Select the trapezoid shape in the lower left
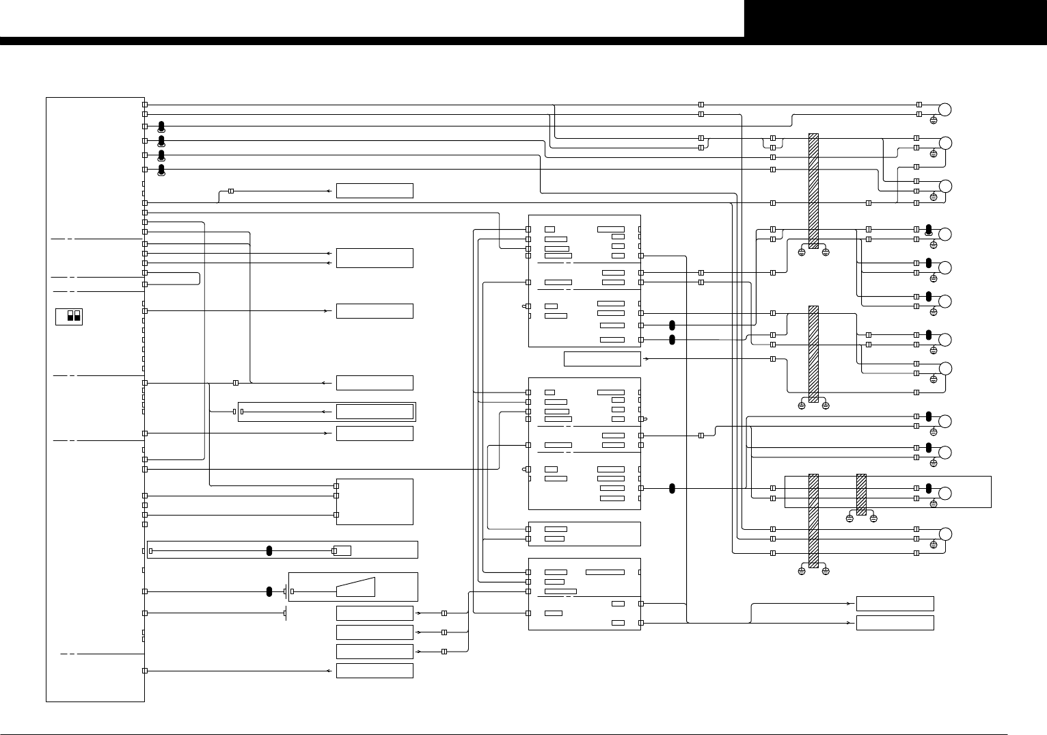point(355,587)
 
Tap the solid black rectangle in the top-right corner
point(895,18)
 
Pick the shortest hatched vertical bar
point(861,494)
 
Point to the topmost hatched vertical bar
point(813,191)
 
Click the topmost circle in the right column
point(945,109)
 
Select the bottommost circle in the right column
point(945,534)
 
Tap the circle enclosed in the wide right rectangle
point(945,494)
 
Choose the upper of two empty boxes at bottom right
point(895,604)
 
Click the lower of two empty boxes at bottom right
point(895,623)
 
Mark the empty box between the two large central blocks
point(602,359)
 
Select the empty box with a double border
point(375,412)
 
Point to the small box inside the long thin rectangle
point(342,551)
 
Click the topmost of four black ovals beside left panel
point(161,126)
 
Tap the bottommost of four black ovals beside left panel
point(161,169)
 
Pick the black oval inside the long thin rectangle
point(269,551)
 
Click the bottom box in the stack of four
point(375,671)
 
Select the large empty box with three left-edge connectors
point(375,501)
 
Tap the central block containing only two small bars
point(584,534)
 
